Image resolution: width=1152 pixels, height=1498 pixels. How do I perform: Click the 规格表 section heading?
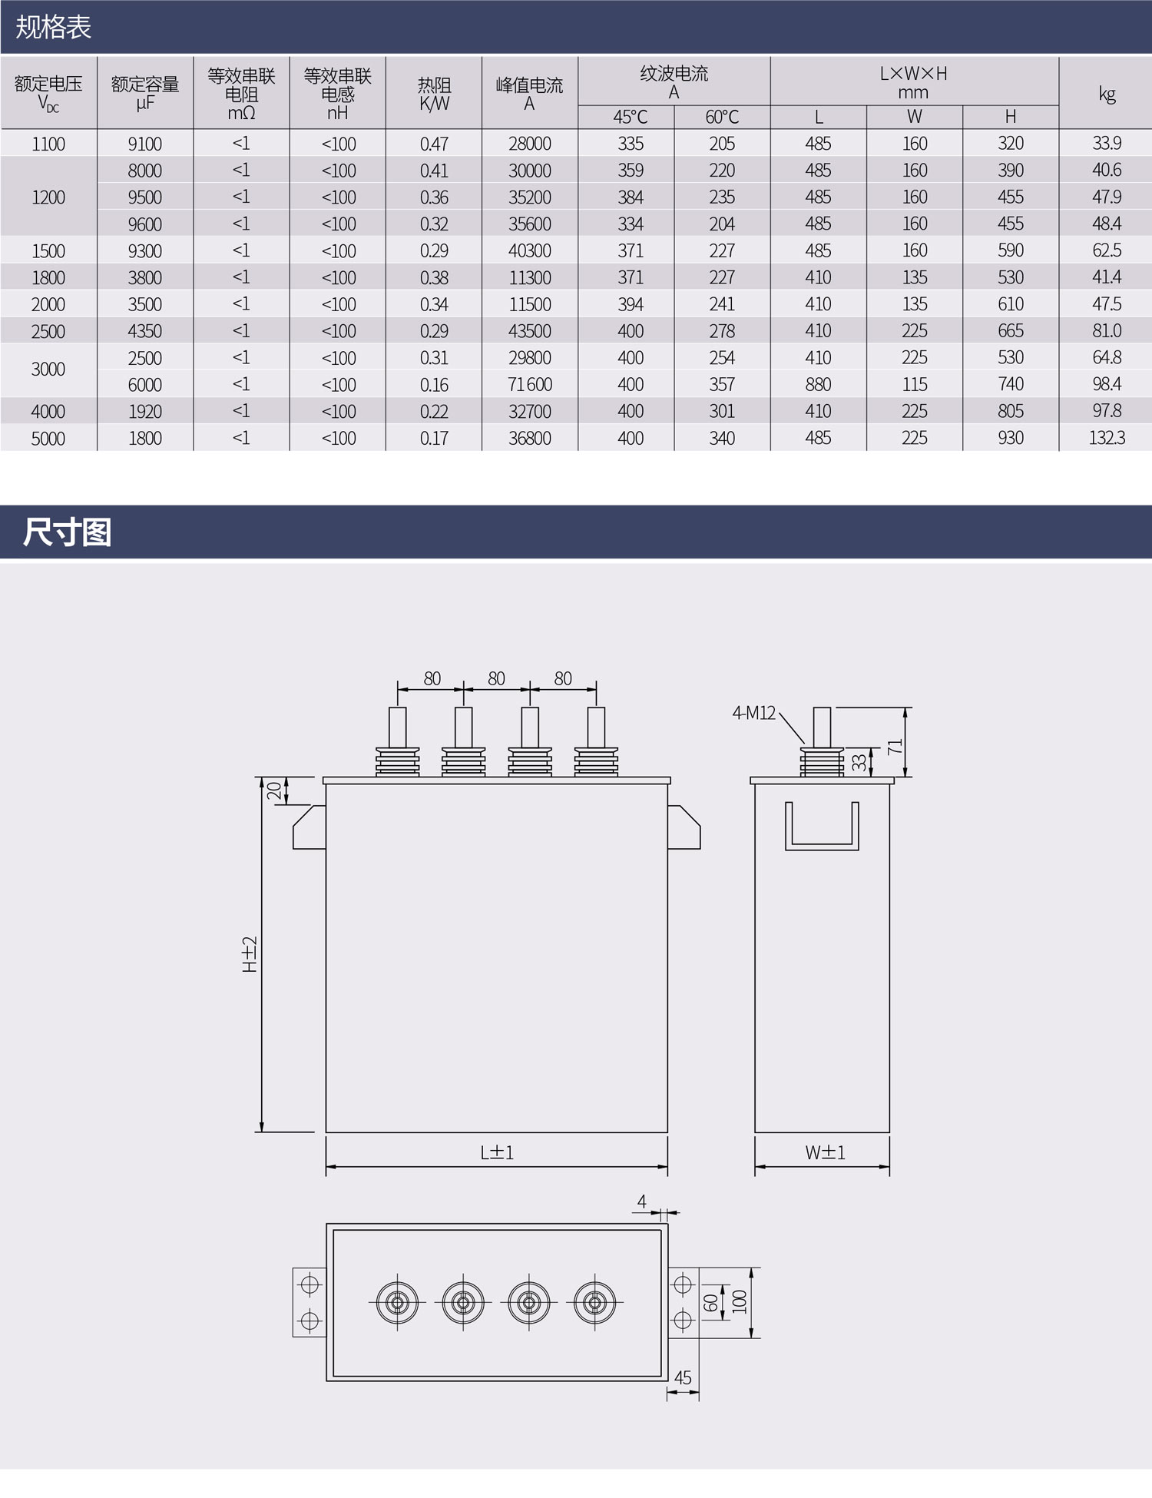(54, 28)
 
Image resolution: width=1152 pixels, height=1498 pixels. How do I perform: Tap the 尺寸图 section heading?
(68, 532)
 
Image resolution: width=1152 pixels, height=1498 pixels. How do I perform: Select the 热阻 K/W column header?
(434, 94)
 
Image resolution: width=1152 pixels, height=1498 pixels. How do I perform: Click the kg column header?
(1106, 94)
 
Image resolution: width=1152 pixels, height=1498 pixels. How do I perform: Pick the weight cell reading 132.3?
(1106, 438)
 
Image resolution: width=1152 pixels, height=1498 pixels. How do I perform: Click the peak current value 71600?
(530, 385)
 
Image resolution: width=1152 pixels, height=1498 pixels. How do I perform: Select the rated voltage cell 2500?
(48, 331)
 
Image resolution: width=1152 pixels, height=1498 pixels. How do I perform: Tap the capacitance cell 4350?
(145, 331)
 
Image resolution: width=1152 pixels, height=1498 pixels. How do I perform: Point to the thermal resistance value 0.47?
(434, 144)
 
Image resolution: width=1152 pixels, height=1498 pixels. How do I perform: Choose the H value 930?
(1011, 438)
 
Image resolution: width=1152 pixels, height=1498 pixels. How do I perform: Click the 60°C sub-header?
(722, 117)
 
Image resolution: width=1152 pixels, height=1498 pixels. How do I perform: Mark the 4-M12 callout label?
(754, 713)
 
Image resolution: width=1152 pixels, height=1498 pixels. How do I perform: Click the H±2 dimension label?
(250, 955)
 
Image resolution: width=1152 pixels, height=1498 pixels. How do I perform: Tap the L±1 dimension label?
(497, 1152)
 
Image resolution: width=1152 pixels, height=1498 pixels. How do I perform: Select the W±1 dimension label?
(825, 1152)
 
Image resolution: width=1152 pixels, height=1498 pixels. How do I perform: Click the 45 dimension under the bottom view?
(683, 1377)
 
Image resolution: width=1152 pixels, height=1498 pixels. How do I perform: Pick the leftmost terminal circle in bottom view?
(397, 1302)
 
